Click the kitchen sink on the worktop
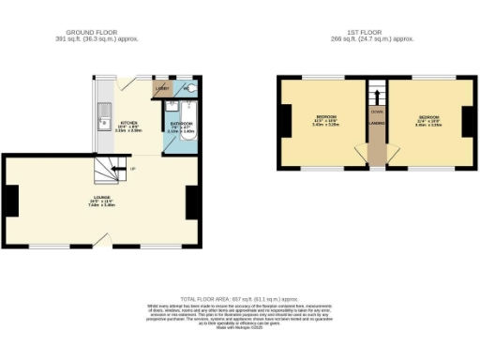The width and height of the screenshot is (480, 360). (102, 120)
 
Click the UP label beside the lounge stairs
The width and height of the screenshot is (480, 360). (133, 169)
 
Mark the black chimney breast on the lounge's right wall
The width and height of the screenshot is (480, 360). (191, 201)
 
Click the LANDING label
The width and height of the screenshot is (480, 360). (377, 121)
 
